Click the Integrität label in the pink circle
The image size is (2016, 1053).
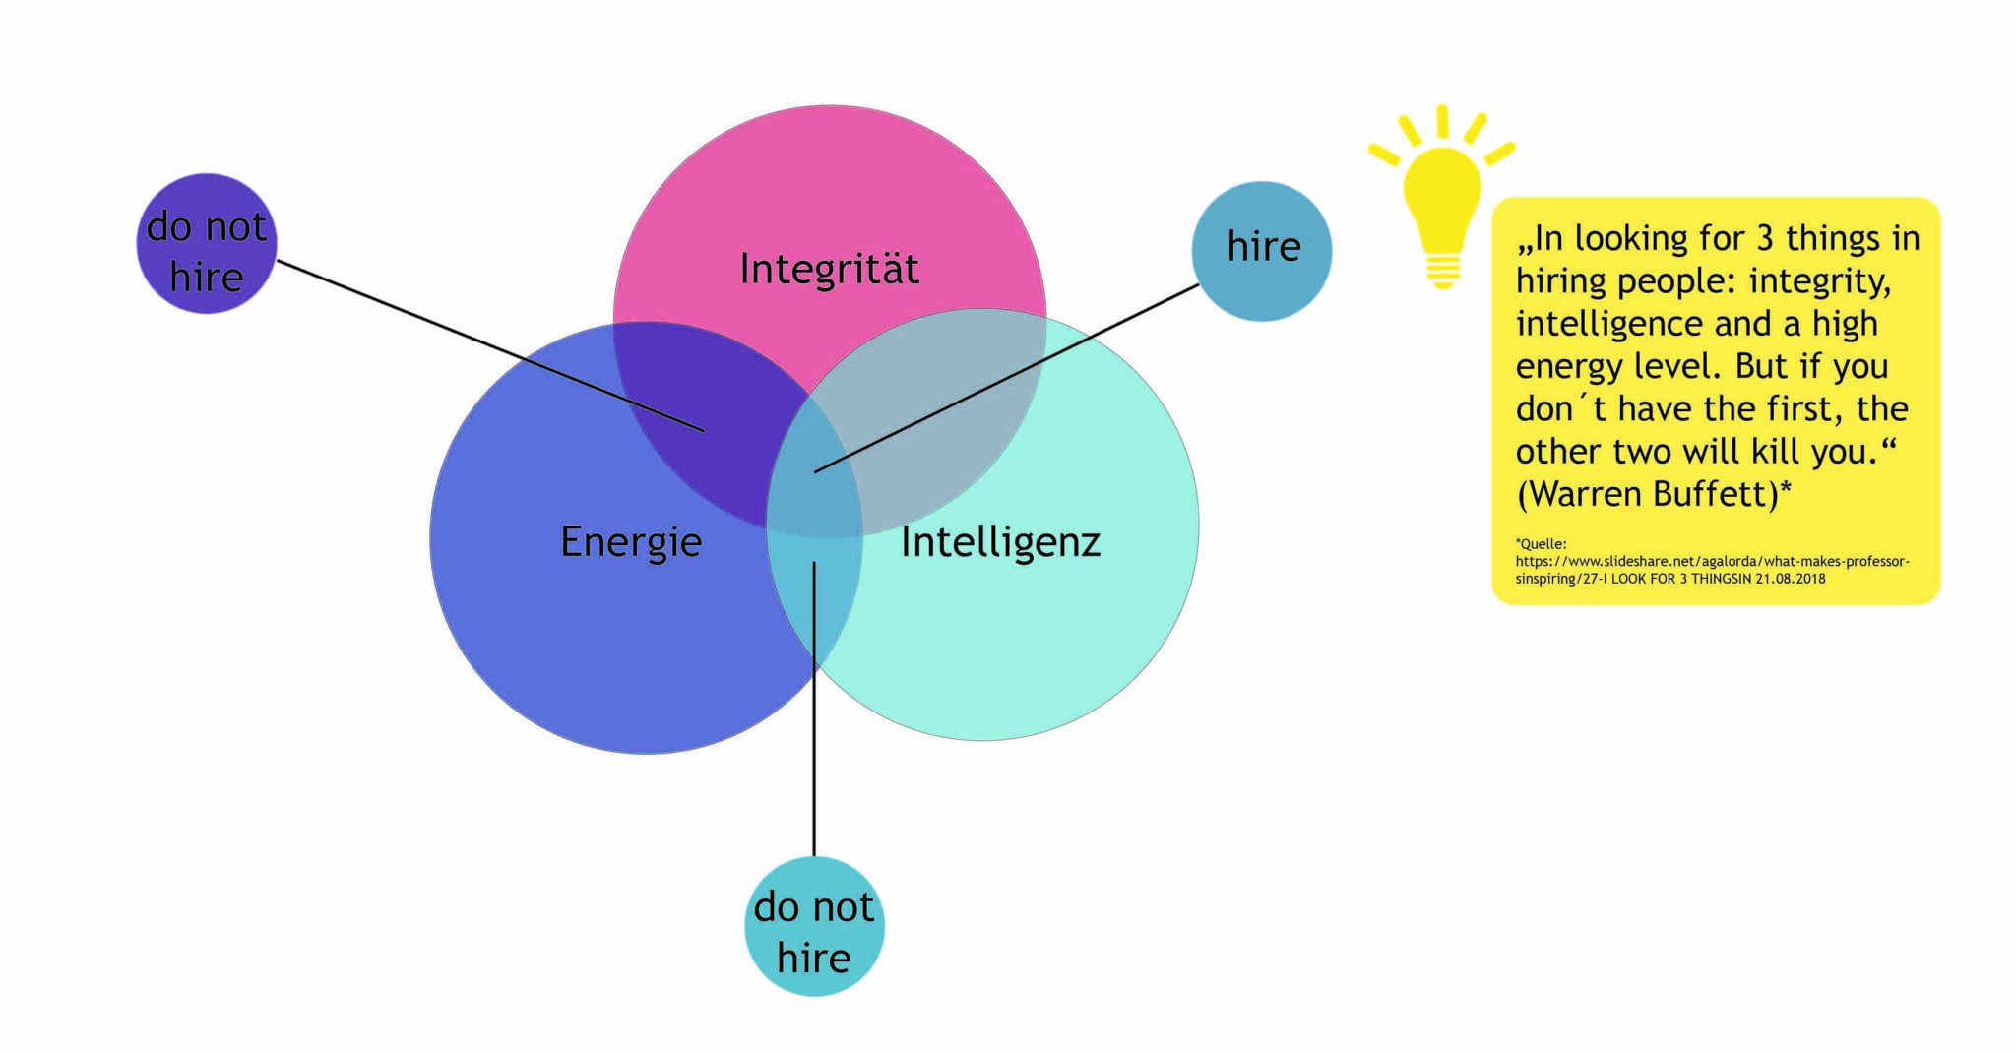(x=829, y=269)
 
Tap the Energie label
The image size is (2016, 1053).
(x=631, y=542)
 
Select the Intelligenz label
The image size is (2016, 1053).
(x=1000, y=542)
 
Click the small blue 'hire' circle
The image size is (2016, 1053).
(x=1262, y=251)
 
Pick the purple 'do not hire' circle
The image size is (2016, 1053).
(x=207, y=244)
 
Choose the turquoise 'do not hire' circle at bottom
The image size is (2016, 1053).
(x=814, y=926)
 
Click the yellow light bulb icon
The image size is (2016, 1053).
(x=1442, y=197)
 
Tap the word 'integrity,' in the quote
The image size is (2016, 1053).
(x=1819, y=281)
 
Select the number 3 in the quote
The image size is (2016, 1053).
(x=1766, y=238)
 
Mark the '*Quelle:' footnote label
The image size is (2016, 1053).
(x=1541, y=543)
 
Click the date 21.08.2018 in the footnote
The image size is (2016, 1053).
(x=1791, y=579)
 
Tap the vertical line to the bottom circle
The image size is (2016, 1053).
(x=814, y=709)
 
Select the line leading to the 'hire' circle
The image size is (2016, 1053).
(x=1006, y=379)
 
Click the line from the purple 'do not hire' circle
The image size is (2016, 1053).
(x=490, y=345)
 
